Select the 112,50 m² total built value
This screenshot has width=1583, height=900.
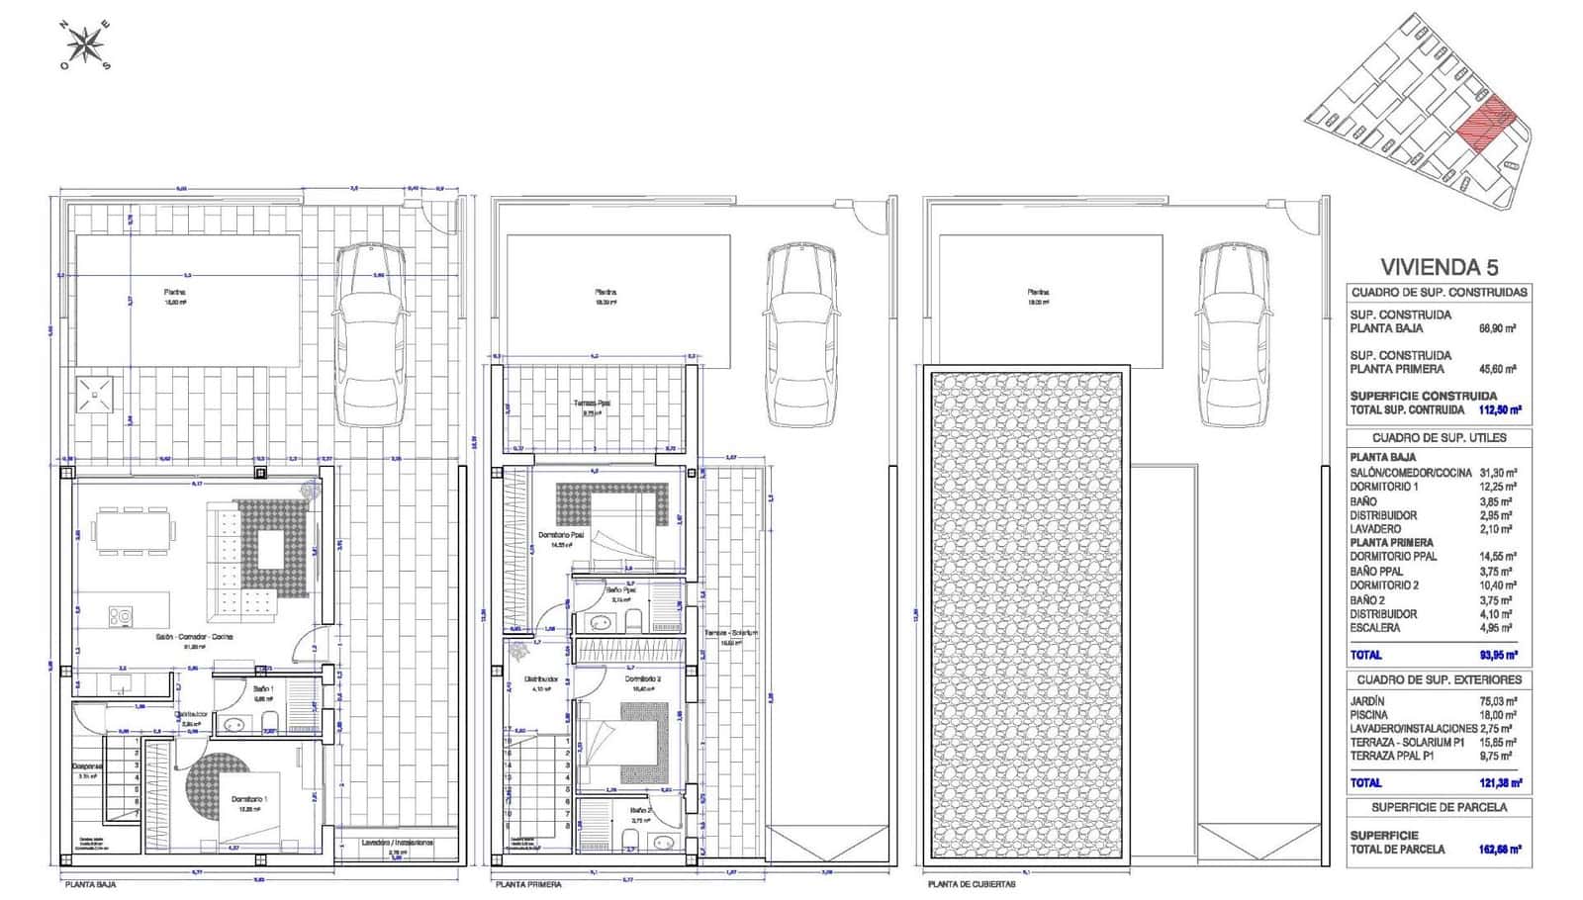pos(1499,409)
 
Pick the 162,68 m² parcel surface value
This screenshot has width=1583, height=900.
pos(1499,849)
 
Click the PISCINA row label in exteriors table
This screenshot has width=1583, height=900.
pos(1369,714)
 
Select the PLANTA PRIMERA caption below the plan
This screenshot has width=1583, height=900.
pos(528,884)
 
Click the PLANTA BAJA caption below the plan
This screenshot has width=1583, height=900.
pos(90,884)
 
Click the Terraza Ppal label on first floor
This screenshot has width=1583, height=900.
pos(591,404)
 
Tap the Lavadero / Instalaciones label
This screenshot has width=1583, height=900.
pos(395,843)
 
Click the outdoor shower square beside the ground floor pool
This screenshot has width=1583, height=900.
pos(95,395)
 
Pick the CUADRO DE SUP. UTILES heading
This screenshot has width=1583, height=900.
pos(1439,437)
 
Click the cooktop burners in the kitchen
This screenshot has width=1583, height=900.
pos(121,616)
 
